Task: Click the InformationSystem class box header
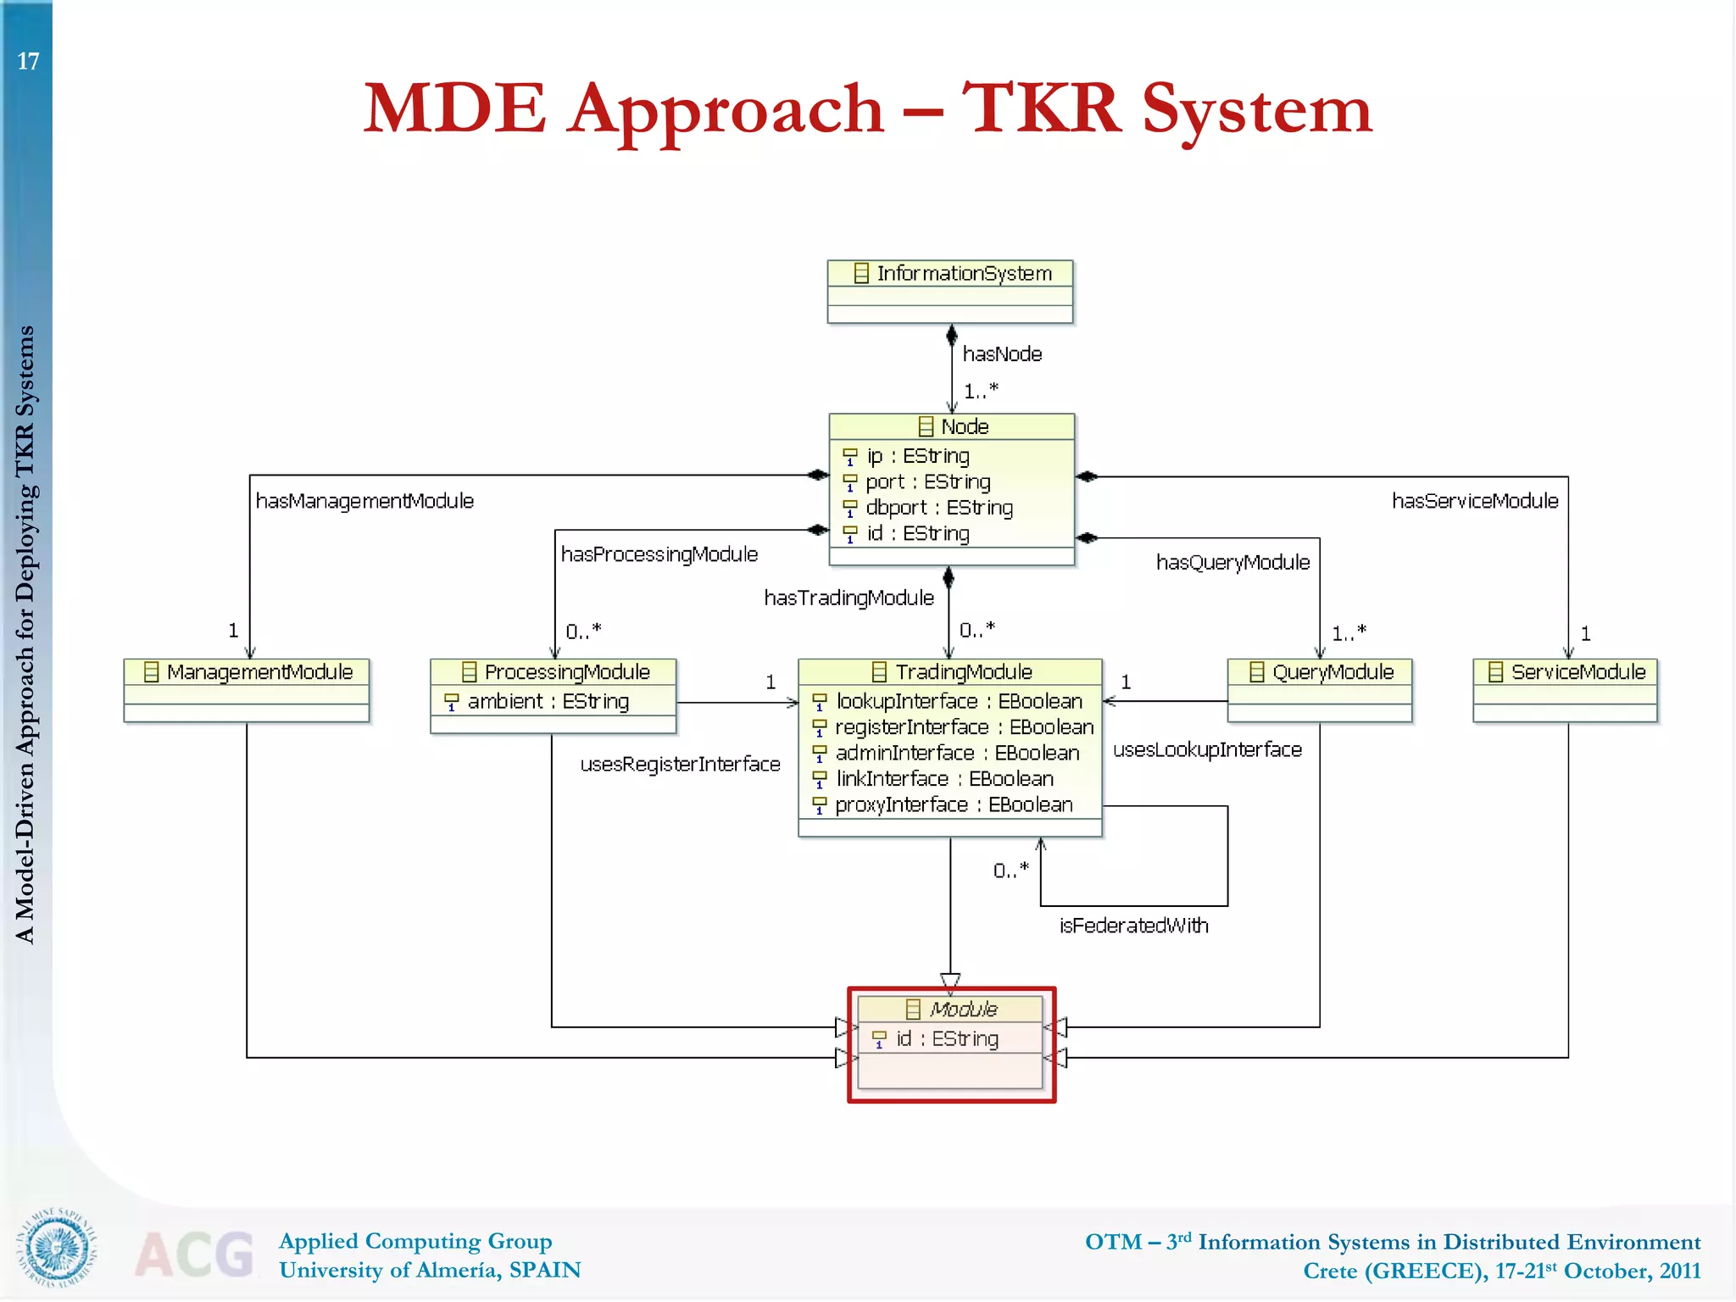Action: click(x=950, y=273)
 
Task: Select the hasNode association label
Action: click(x=1002, y=353)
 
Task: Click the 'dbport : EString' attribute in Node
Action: click(x=938, y=508)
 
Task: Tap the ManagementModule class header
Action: click(x=247, y=672)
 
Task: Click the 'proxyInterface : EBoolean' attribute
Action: click(x=953, y=804)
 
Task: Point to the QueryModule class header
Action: click(x=1321, y=672)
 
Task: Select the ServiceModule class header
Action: click(x=1566, y=672)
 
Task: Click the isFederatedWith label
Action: click(x=1133, y=926)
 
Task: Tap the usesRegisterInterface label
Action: click(x=680, y=765)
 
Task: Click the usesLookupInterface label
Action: click(x=1207, y=750)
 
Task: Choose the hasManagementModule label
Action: click(x=364, y=501)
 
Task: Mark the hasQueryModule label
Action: click(x=1232, y=562)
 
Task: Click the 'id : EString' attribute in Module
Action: click(x=947, y=1038)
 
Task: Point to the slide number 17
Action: click(x=28, y=61)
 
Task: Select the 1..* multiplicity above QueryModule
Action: click(x=1349, y=632)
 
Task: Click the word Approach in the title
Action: click(x=726, y=110)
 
